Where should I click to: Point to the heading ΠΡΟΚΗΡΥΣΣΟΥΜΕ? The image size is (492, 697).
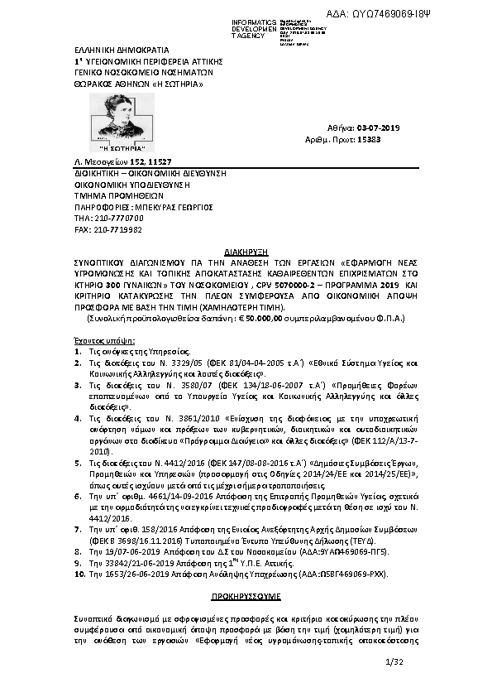click(x=245, y=595)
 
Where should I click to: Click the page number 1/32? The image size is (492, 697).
click(x=394, y=661)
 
